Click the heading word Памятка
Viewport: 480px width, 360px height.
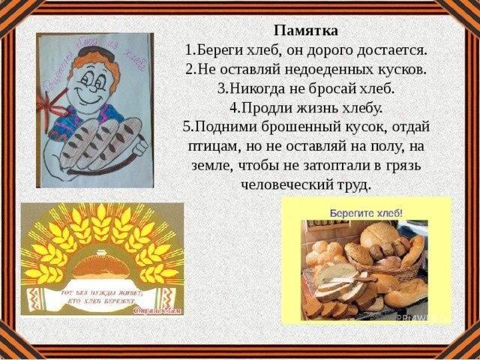[305, 31]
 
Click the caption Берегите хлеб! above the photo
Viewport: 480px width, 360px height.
[366, 212]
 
